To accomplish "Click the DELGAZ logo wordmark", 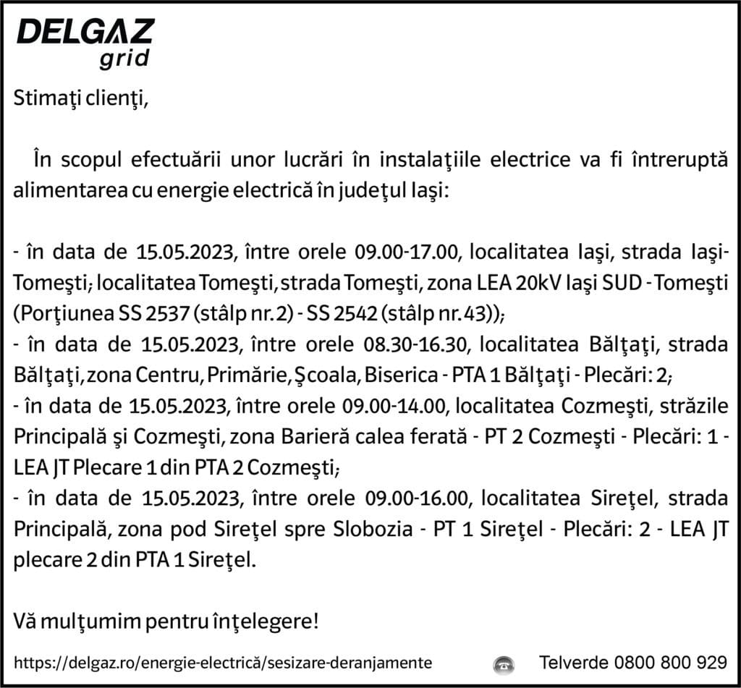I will coord(85,32).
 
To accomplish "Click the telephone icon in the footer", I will coord(503,663).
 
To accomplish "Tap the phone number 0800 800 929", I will coord(671,662).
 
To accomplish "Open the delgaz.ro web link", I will coord(224,663).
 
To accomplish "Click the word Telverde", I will coord(575,662).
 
